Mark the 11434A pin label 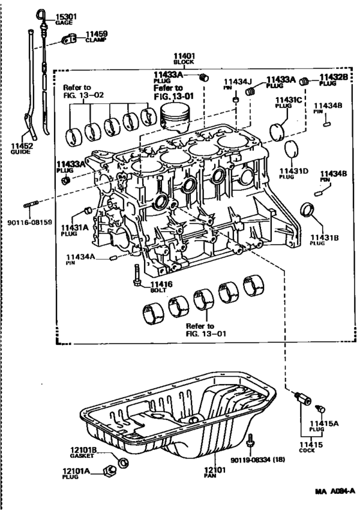pyautogui.click(x=80, y=259)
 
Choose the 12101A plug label pyautogui.click(x=84, y=473)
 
